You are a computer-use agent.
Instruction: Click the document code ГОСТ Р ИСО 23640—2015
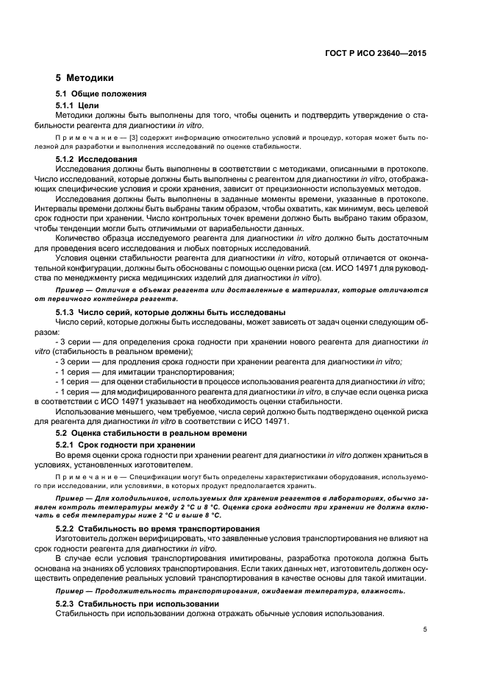[374, 53]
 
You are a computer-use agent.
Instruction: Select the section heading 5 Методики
[85, 77]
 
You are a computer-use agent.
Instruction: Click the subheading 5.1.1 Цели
[77, 105]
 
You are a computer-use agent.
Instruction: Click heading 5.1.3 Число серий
[171, 312]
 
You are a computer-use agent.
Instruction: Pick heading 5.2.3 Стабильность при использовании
[137, 603]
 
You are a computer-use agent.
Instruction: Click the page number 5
[425, 629]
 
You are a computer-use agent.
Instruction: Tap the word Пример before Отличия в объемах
[70, 290]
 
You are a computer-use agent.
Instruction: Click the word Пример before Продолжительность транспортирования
[70, 591]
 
